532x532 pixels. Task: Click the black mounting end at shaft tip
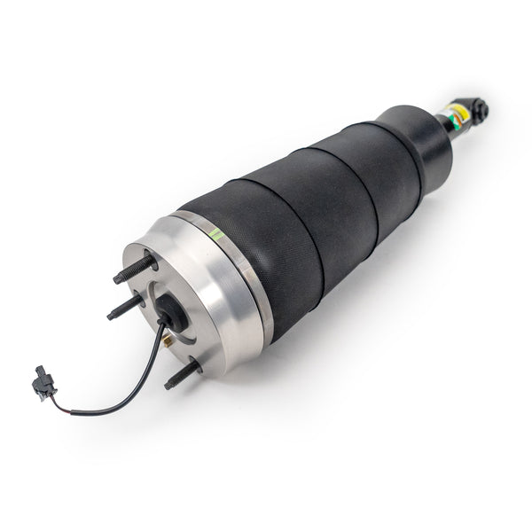(479, 111)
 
